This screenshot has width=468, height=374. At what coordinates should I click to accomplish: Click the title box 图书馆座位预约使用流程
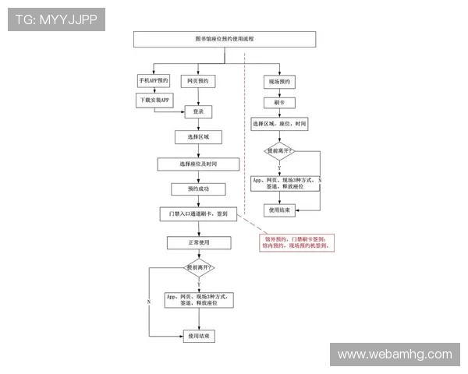(x=224, y=39)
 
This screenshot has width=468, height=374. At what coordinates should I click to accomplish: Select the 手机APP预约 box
(x=154, y=81)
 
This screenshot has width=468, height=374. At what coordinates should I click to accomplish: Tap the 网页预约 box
(x=198, y=81)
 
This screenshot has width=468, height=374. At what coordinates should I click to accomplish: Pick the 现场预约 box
(x=279, y=81)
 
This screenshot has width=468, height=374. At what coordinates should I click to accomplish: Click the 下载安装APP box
(x=154, y=101)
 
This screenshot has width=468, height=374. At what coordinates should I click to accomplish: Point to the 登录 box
(x=198, y=112)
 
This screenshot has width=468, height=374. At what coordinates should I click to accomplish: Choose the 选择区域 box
(x=198, y=137)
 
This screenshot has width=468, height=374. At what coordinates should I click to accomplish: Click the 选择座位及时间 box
(x=198, y=164)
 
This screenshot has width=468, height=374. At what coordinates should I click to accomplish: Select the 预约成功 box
(x=198, y=189)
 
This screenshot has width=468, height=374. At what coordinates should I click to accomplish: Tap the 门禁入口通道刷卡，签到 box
(x=198, y=213)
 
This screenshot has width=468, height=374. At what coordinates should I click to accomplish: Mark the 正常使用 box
(x=198, y=243)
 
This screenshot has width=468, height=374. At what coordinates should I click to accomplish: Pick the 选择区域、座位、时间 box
(x=279, y=123)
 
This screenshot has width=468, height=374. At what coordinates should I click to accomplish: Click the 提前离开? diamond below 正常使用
(x=198, y=268)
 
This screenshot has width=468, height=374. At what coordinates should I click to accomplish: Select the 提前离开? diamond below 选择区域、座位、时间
(x=279, y=150)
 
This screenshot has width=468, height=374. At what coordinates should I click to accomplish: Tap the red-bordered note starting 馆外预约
(x=297, y=242)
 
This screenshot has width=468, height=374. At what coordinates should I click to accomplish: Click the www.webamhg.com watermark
(x=394, y=355)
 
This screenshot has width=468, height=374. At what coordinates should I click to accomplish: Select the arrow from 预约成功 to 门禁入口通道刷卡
(x=198, y=201)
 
